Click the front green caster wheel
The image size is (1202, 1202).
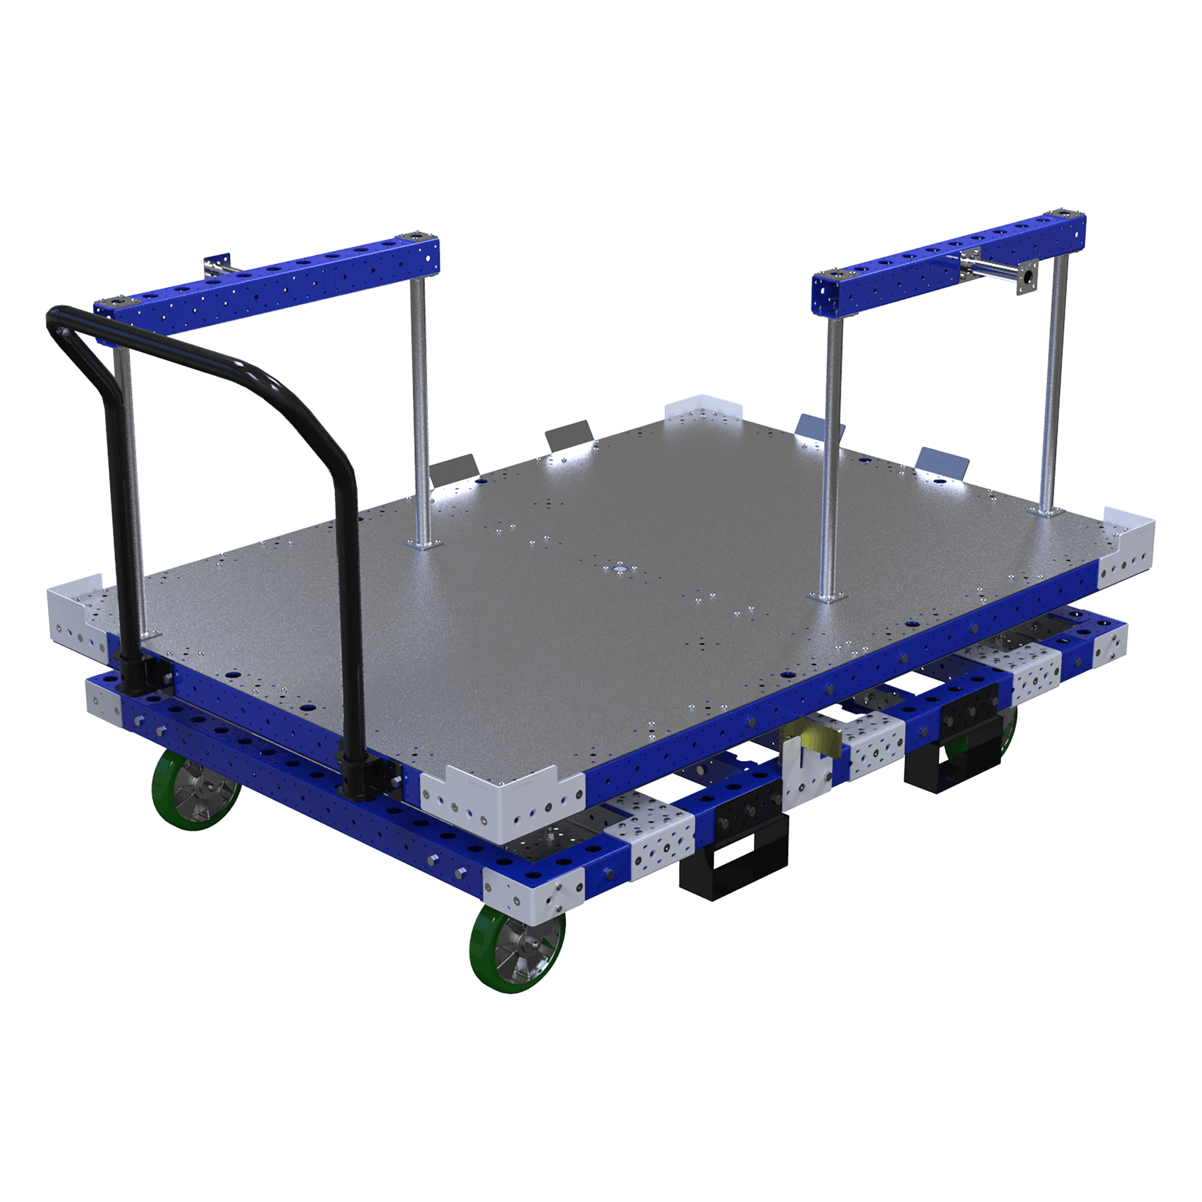pyautogui.click(x=517, y=950)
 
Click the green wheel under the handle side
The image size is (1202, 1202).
pyautogui.click(x=196, y=789)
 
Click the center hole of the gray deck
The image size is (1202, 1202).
pyautogui.click(x=620, y=569)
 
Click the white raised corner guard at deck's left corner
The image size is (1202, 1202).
pyautogui.click(x=75, y=612)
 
